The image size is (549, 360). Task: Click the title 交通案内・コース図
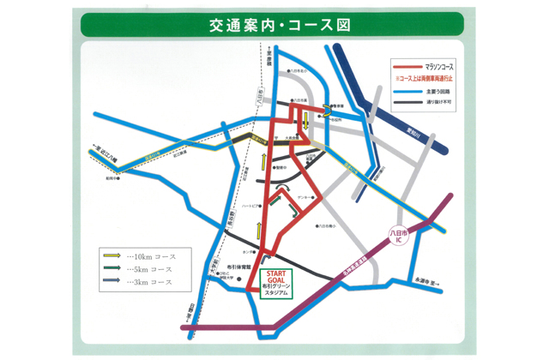tap(280, 26)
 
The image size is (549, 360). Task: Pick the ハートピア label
tap(251, 205)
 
